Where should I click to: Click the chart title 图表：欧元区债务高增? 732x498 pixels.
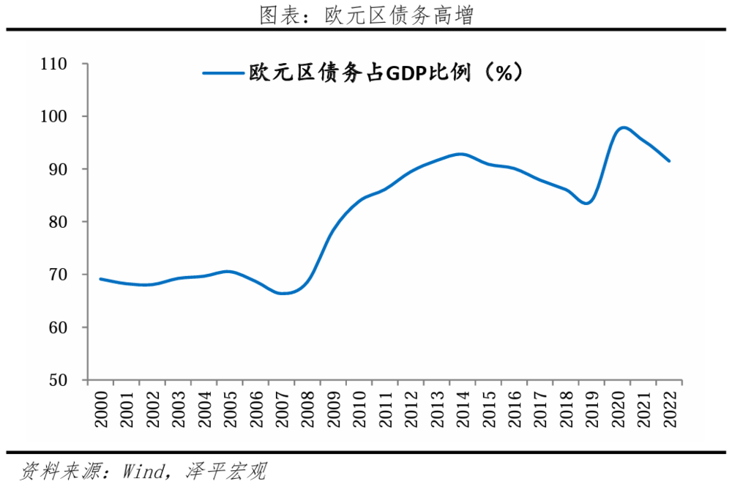(366, 15)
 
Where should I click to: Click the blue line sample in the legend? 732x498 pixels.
(223, 73)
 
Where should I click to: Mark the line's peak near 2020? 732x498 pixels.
(622, 127)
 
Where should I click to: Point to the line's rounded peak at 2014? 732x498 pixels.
(460, 154)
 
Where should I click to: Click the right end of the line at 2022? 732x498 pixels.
(669, 161)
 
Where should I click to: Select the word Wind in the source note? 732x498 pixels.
(145, 471)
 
